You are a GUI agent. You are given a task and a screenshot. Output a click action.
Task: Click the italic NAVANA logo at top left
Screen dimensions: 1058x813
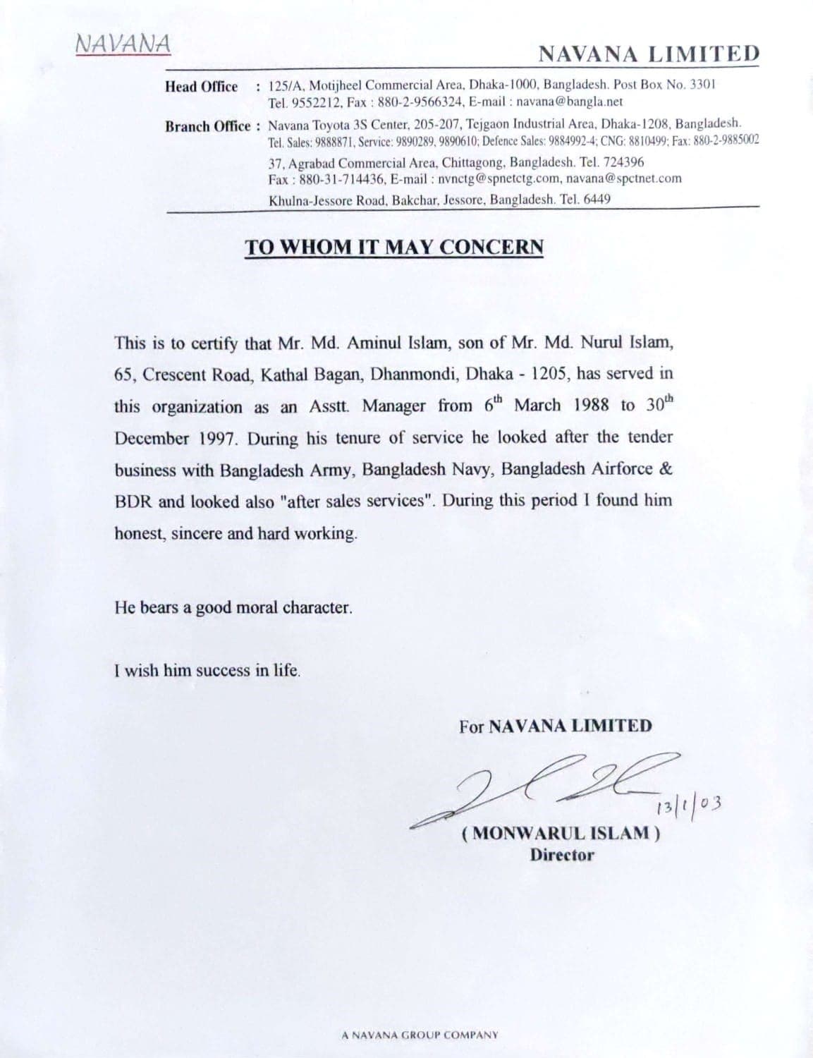click(x=122, y=44)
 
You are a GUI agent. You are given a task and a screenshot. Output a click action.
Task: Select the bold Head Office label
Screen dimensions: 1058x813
click(x=201, y=87)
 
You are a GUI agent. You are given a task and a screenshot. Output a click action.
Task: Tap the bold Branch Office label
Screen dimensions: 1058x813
click(x=208, y=126)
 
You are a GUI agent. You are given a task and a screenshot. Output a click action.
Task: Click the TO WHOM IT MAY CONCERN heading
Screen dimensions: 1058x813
click(x=394, y=247)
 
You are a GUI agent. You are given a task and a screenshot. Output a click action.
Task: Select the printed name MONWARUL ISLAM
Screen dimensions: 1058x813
click(x=561, y=833)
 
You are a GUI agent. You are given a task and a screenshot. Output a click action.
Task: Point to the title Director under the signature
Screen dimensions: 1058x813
click(x=561, y=855)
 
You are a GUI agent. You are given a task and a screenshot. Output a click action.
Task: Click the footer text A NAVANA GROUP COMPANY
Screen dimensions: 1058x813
click(x=420, y=1035)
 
